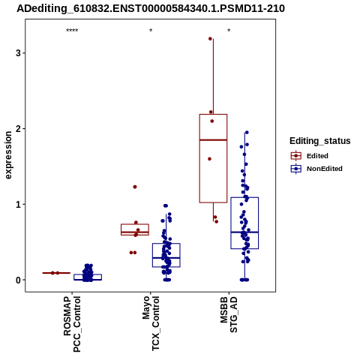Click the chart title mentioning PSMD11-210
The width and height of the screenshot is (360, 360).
(x=151, y=9)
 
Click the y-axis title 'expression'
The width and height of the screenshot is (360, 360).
(x=8, y=155)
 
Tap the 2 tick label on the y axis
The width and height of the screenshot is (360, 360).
(x=18, y=129)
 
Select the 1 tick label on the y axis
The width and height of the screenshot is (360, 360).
(x=18, y=205)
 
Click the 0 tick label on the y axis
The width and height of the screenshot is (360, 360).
(x=18, y=280)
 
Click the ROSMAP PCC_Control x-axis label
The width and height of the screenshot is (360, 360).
(x=72, y=324)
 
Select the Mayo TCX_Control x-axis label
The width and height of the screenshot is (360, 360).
(x=151, y=323)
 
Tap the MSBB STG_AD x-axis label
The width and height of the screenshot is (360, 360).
(x=229, y=314)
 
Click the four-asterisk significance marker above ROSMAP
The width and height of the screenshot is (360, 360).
(x=72, y=31)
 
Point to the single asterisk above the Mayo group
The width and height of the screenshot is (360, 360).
(x=151, y=31)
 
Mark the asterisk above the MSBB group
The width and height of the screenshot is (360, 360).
(x=229, y=31)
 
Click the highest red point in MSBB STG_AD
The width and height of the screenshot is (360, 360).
(x=210, y=39)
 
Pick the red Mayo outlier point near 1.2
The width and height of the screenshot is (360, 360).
(x=135, y=187)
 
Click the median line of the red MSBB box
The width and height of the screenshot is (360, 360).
(x=213, y=140)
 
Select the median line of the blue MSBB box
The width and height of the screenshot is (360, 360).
(x=244, y=232)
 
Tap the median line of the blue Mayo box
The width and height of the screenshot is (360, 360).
(x=166, y=257)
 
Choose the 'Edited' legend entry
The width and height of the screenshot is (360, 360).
(x=310, y=156)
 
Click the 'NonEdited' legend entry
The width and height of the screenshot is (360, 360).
(x=316, y=169)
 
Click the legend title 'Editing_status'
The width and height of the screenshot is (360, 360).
(x=320, y=141)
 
